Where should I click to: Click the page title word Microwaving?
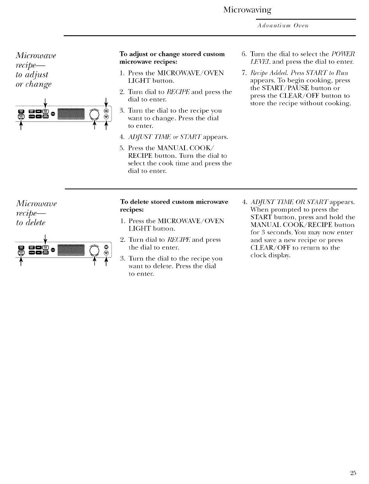click(247, 10)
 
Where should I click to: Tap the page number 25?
click(353, 473)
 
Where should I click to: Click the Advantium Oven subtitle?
click(283, 25)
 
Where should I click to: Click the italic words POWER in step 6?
click(344, 54)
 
